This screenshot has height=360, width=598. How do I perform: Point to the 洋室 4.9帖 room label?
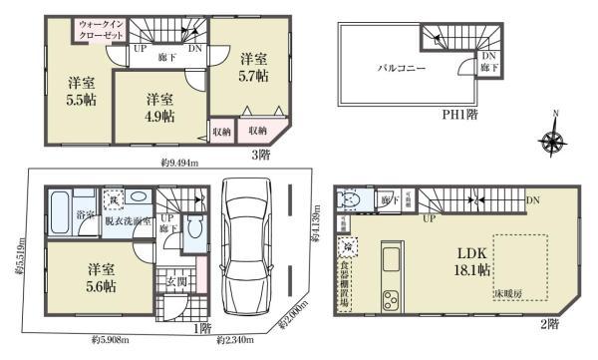click(160, 107)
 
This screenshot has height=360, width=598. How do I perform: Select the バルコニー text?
click(401, 70)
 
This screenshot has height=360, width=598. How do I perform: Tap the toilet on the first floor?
click(196, 227)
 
